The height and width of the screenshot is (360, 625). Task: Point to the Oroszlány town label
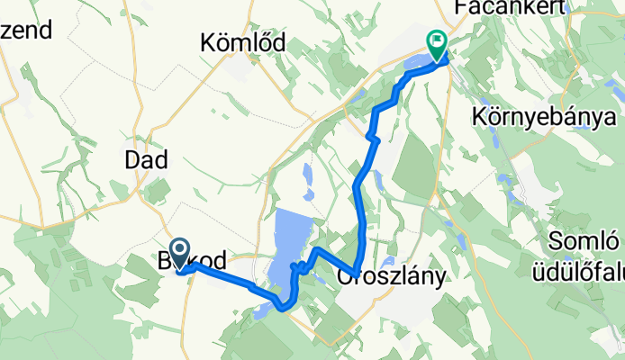coord(392,277)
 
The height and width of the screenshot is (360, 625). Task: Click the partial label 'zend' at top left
coord(26,29)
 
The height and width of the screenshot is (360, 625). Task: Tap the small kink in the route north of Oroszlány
coord(372,139)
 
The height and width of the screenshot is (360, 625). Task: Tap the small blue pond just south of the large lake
coord(260,310)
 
